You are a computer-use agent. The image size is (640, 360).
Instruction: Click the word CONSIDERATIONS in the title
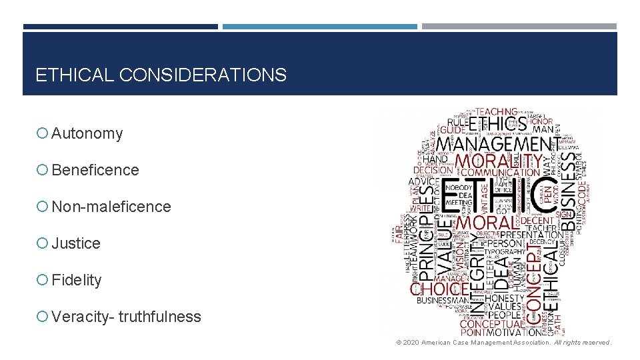point(203,75)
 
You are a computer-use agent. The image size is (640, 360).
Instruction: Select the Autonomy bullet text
point(87,134)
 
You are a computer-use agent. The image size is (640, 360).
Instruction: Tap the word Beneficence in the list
point(95,171)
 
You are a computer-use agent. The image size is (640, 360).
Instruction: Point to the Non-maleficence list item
point(111,207)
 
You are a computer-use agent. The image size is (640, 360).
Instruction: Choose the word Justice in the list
point(76,244)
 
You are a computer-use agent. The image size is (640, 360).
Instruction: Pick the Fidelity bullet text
point(77,281)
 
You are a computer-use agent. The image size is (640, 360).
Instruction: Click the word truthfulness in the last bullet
point(160,317)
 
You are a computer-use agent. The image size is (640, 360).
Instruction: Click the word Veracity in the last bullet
point(81,317)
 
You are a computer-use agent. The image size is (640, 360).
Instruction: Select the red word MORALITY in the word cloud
point(499,161)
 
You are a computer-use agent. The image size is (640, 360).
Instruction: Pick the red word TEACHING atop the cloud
point(496,111)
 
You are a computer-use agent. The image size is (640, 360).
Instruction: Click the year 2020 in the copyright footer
point(411,343)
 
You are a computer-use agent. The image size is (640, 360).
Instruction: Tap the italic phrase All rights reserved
point(583,343)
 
